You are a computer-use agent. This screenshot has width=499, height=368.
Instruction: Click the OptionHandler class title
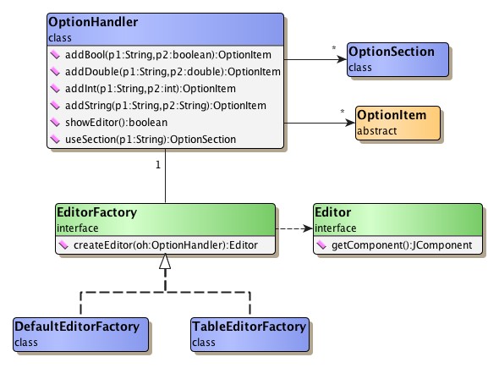93,20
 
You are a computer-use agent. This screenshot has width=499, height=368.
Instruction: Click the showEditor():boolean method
123,123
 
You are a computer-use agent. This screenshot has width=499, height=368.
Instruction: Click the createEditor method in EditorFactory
165,245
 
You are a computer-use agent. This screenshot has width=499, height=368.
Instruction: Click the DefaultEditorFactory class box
80,333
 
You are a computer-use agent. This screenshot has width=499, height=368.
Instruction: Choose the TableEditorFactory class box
248,333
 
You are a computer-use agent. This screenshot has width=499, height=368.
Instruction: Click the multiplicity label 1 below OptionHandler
158,164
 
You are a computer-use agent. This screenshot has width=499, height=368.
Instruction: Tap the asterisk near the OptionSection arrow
335,49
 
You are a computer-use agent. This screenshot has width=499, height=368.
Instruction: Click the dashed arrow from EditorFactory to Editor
292,228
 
